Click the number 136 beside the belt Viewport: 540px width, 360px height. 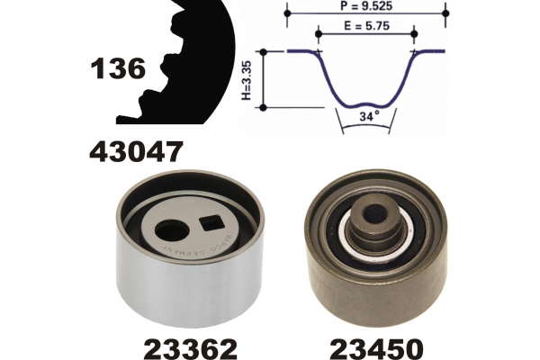click(118, 68)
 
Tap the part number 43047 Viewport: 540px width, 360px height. click(135, 152)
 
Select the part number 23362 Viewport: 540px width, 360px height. click(191, 348)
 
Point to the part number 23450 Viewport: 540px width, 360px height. click(377, 348)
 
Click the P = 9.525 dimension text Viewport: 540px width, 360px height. click(366, 6)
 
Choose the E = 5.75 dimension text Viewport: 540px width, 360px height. click(367, 26)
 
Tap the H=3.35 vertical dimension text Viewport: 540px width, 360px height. click(247, 80)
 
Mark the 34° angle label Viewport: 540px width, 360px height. click(369, 116)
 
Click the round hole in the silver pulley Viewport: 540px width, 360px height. click(171, 230)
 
